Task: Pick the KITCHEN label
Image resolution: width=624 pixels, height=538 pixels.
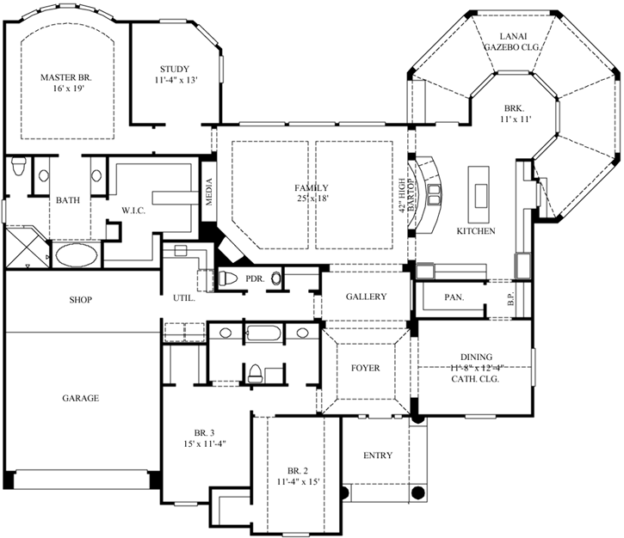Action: coord(475,230)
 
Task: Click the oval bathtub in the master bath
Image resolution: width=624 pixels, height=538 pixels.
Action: coord(76,255)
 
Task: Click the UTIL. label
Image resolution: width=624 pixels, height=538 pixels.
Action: coord(183,298)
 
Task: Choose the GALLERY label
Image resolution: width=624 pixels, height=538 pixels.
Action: coord(366,297)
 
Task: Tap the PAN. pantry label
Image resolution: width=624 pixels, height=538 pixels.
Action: coord(454,297)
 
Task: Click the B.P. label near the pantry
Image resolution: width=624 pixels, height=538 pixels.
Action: coord(510,300)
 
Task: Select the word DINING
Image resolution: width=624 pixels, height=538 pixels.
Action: coord(475,357)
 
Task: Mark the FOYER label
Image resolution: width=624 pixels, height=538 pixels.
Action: coord(365,368)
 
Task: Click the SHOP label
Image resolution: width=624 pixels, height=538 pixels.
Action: coord(81,300)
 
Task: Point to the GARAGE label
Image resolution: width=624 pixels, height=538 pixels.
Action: coord(79,398)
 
